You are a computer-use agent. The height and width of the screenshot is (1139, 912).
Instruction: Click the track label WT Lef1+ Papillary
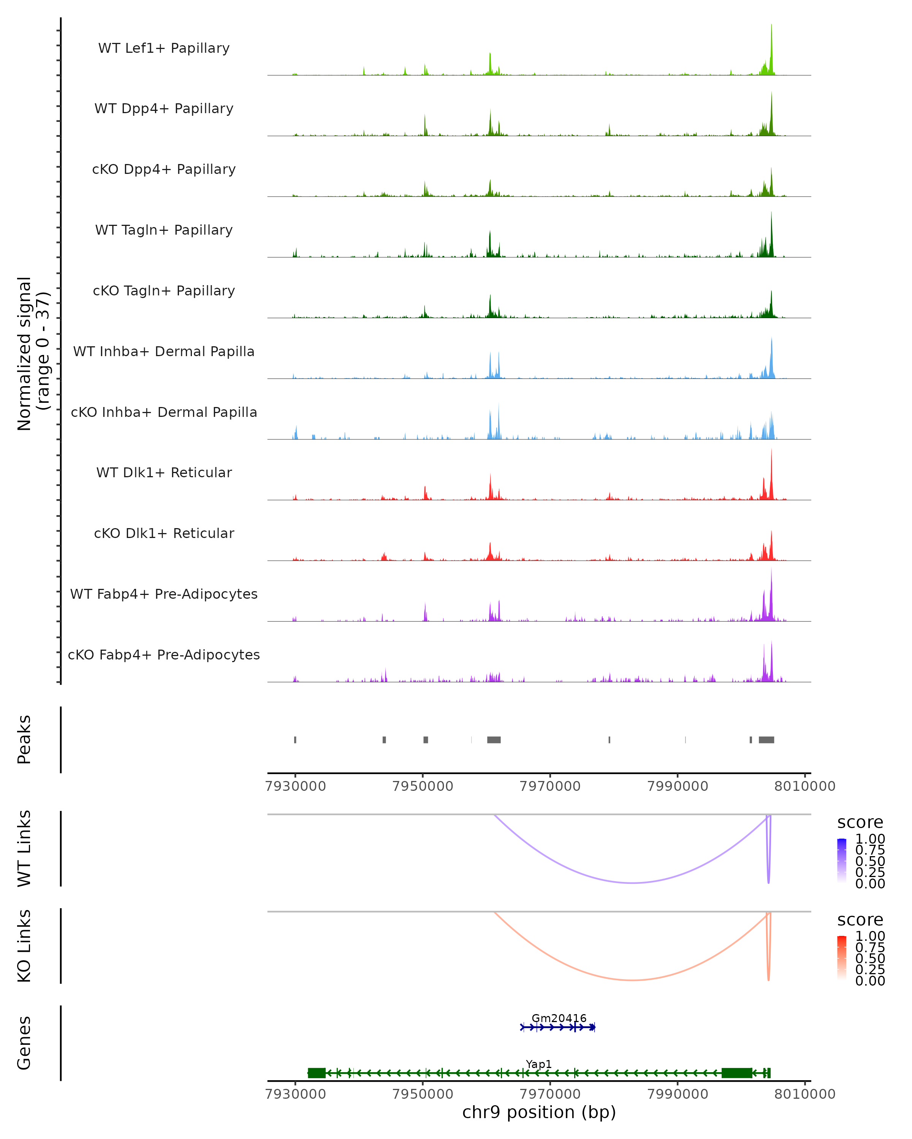coord(164,48)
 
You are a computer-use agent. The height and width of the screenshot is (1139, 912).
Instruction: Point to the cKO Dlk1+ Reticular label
coord(164,533)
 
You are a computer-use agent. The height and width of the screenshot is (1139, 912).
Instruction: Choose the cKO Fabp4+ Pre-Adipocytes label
coord(164,655)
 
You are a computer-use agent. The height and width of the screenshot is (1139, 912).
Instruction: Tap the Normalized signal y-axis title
coord(33,353)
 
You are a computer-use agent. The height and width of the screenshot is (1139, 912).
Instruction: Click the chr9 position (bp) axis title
coord(539,1112)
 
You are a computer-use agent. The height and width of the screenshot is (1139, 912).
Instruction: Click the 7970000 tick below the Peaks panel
coord(550,787)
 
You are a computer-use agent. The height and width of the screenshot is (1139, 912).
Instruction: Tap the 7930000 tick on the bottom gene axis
coord(296,1094)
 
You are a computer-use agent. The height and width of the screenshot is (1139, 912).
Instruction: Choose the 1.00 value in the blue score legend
coord(870,839)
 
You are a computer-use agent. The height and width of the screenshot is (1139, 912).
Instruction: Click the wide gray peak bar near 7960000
coord(494,740)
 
